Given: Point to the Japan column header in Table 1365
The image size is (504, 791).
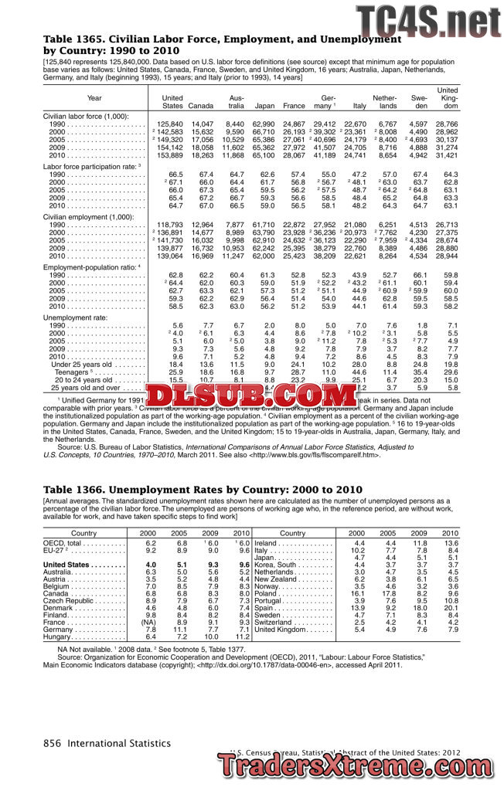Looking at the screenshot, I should coord(264,106).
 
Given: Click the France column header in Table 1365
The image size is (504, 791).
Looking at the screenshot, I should coord(294,106).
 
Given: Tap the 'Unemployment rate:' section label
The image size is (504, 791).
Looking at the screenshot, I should coord(74,317).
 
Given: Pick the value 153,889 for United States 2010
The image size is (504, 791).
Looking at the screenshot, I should coord(169,155).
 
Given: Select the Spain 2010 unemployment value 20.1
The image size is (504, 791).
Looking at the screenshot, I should coord(450,608).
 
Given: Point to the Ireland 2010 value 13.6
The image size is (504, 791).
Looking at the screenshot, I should coord(450,543).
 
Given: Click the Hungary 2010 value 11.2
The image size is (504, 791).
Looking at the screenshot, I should coord(240,637).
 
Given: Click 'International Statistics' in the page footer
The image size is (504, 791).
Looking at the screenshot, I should coord(118,742).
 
